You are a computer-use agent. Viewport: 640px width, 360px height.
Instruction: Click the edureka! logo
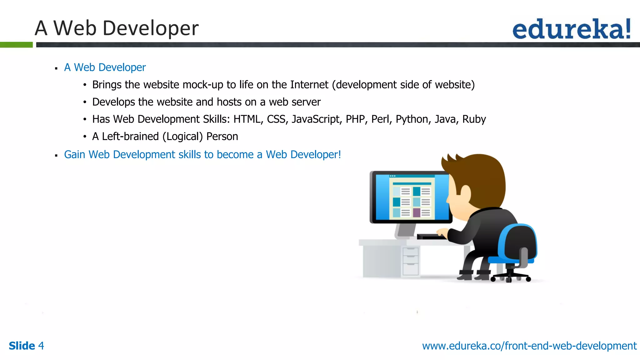coord(571,29)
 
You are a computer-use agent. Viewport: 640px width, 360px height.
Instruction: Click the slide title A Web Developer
coord(117,28)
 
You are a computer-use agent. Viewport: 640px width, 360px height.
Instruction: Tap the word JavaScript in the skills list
coord(316,119)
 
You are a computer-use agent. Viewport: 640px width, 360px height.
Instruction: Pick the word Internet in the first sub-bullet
coord(309,85)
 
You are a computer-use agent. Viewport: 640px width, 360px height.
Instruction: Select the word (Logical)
coord(182,137)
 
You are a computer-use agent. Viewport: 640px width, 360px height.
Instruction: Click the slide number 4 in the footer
coord(41,346)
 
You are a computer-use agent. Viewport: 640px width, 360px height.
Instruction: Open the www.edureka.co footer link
coord(529,346)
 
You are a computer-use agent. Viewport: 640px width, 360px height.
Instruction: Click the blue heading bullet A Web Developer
coord(105,67)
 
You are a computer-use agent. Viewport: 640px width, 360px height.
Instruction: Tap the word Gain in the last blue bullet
coord(74,155)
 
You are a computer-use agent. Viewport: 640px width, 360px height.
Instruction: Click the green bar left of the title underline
coord(16,45)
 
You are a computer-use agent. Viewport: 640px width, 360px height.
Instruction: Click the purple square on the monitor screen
coord(417,213)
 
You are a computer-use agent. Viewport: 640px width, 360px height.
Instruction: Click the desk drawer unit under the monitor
coord(410,261)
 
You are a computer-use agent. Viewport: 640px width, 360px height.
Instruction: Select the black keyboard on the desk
coord(431,237)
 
